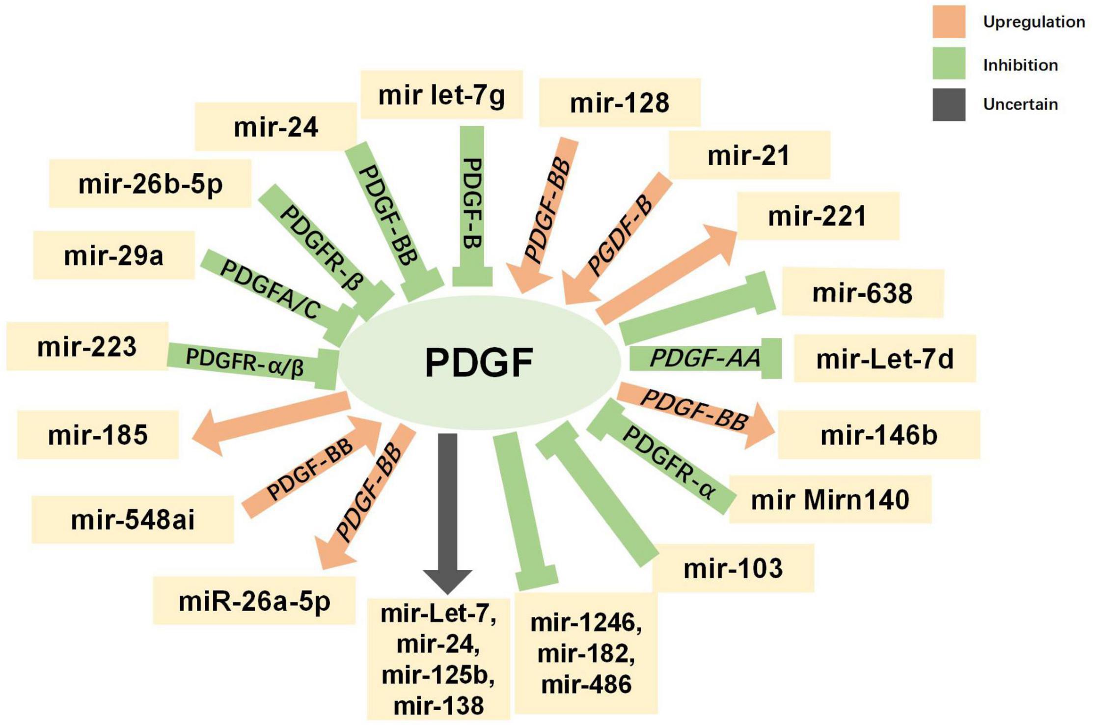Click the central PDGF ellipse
click(479, 363)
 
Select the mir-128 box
click(620, 103)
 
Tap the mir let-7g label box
click(441, 95)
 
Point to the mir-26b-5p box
click(150, 184)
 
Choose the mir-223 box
click(87, 346)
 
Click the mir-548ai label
click(133, 520)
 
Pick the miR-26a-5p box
click(254, 601)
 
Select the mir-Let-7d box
click(884, 358)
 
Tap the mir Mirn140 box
click(830, 500)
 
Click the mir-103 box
click(733, 568)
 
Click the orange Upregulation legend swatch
click(949, 22)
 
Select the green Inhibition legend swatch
click(949, 63)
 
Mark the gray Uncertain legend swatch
click(949, 105)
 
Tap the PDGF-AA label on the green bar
click(705, 358)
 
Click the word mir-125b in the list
click(438, 675)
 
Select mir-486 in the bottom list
click(586, 684)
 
